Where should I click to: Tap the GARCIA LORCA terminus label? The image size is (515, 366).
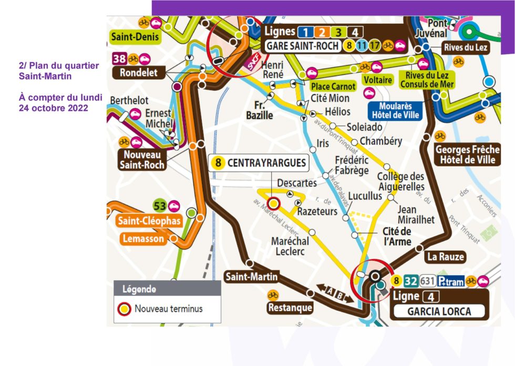439,311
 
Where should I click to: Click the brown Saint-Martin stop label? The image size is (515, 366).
251,276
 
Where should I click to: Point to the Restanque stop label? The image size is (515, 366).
290,307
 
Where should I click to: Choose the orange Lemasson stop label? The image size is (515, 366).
143,239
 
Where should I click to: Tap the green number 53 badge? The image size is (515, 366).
159,205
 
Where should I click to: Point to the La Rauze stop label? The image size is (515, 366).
446,256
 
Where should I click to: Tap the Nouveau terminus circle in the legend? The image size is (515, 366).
125,309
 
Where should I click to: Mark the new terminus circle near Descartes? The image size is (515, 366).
273,204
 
